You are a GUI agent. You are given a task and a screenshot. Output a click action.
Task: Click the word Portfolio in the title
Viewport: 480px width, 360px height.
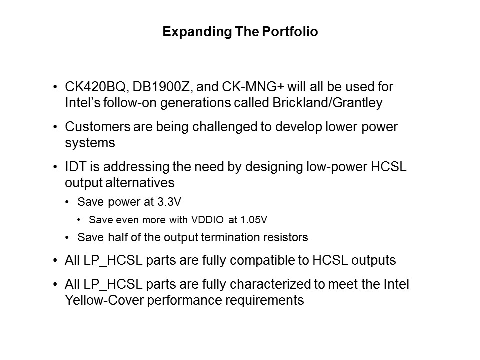(x=290, y=32)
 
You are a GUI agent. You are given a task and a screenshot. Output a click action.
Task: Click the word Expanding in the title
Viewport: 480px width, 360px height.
(x=197, y=32)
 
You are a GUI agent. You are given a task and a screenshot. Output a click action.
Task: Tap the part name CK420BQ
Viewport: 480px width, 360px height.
(x=95, y=87)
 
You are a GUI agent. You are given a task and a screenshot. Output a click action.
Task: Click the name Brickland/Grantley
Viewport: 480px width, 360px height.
(x=327, y=103)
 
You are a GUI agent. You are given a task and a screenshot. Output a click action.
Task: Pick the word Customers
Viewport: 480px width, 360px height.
(x=97, y=127)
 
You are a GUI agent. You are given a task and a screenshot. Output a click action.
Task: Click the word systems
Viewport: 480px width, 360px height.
(x=90, y=143)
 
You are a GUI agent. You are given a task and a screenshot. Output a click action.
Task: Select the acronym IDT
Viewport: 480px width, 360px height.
(x=76, y=167)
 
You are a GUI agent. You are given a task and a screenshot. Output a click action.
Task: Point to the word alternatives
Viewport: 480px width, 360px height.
(x=140, y=183)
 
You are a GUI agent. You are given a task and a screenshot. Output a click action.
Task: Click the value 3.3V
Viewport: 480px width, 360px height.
(x=169, y=202)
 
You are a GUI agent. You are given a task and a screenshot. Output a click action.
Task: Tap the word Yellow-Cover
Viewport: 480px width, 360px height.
(x=104, y=300)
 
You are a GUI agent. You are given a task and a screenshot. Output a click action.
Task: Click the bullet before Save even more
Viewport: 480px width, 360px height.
(x=79, y=220)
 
